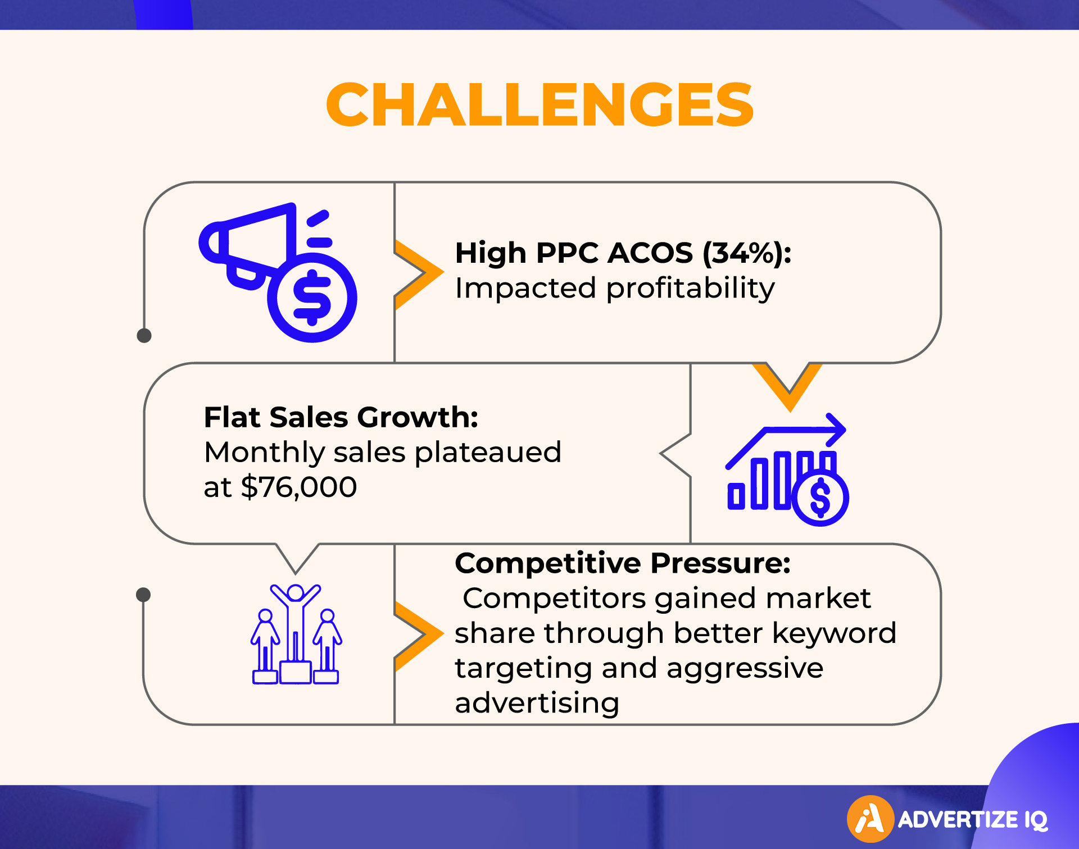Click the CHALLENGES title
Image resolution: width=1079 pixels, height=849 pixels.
click(x=539, y=104)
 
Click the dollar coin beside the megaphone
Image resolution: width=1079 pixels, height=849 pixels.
click(x=312, y=298)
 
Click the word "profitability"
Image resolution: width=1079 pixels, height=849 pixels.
click(x=691, y=289)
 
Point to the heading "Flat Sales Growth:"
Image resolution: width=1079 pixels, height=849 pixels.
click(x=341, y=417)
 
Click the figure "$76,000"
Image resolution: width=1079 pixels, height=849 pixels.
click(x=299, y=487)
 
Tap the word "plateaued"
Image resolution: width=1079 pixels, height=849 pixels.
click(x=488, y=452)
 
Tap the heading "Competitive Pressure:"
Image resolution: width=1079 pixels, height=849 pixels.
click(x=623, y=563)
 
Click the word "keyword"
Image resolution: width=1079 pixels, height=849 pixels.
click(x=834, y=633)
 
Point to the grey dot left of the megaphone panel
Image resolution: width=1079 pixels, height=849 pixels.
click(x=144, y=336)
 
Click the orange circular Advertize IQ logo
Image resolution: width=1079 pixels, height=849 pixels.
click(x=871, y=819)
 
